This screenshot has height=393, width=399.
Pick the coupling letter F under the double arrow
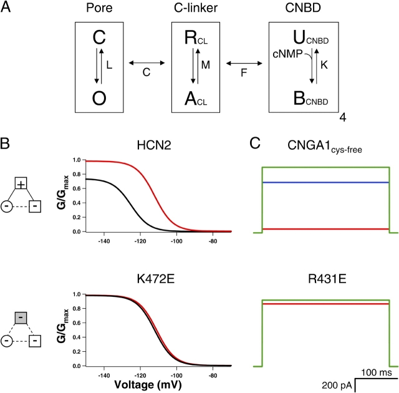click(x=246, y=74)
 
